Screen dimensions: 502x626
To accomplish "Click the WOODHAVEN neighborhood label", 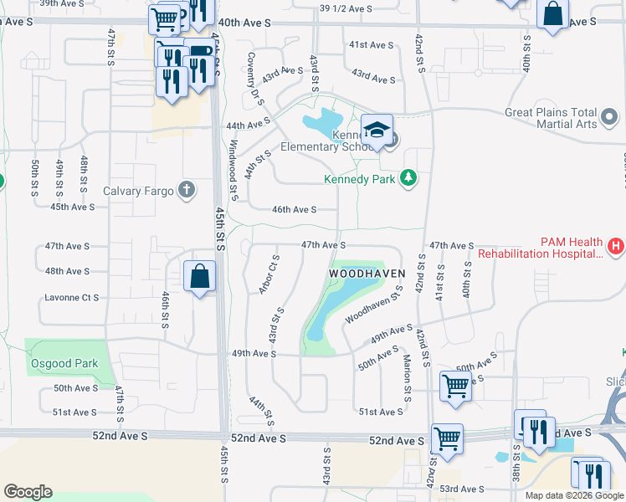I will [x=367, y=274].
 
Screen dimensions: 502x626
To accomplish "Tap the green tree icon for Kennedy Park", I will [x=408, y=178].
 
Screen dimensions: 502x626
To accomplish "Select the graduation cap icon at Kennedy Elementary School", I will [x=377, y=131].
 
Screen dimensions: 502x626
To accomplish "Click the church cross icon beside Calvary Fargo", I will [x=186, y=190].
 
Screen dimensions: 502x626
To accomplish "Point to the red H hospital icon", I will [x=615, y=246].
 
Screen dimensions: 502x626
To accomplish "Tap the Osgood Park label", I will [x=64, y=363].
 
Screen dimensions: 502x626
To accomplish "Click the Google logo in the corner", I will [x=28, y=491].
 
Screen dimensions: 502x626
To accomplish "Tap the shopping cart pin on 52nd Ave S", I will [x=447, y=438].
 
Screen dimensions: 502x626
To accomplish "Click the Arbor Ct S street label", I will [x=268, y=274].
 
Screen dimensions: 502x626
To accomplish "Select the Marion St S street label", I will [x=406, y=377].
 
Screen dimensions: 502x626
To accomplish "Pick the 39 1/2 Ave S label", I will [x=346, y=8].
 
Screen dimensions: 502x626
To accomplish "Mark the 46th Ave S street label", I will [x=294, y=210].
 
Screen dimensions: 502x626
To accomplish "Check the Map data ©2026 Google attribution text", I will [x=573, y=495].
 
